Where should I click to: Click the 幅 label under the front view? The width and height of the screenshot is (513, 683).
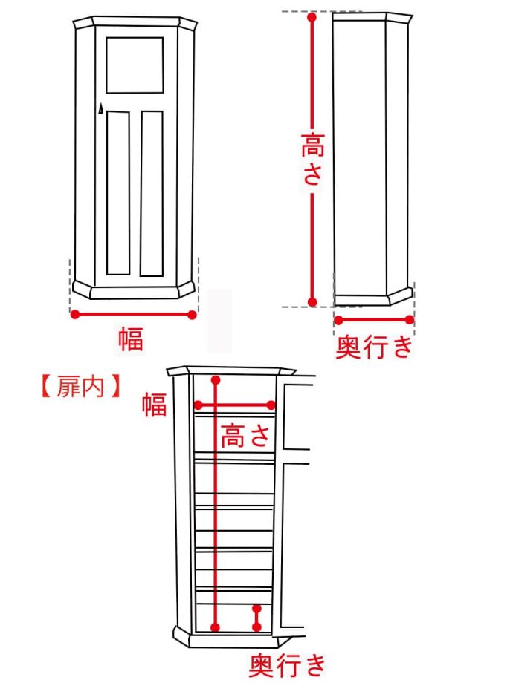[130, 339]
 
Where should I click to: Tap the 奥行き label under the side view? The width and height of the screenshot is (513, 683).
[373, 347]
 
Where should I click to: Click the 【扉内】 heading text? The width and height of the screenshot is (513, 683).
[78, 388]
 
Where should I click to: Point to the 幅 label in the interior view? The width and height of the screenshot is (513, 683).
[154, 405]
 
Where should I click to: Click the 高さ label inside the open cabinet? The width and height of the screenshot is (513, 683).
[244, 437]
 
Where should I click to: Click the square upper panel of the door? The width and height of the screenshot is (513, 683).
[135, 65]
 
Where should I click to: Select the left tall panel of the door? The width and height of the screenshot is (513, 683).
[118, 193]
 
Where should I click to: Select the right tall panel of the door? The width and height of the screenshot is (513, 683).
[152, 193]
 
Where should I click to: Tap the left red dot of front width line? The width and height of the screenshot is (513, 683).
[74, 315]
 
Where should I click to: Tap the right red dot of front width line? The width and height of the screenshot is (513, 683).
[192, 315]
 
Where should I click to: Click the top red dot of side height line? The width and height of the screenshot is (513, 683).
[312, 18]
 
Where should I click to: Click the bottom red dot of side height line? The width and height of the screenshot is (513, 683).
[312, 301]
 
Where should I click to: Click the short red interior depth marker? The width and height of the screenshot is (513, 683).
[256, 618]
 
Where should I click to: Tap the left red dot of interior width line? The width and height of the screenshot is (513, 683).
[199, 405]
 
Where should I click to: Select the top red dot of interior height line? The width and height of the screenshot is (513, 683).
[216, 381]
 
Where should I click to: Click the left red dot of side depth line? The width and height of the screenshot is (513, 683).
[338, 320]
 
